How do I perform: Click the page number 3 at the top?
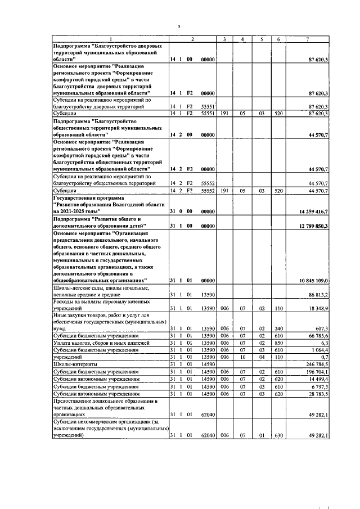click(179, 26)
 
